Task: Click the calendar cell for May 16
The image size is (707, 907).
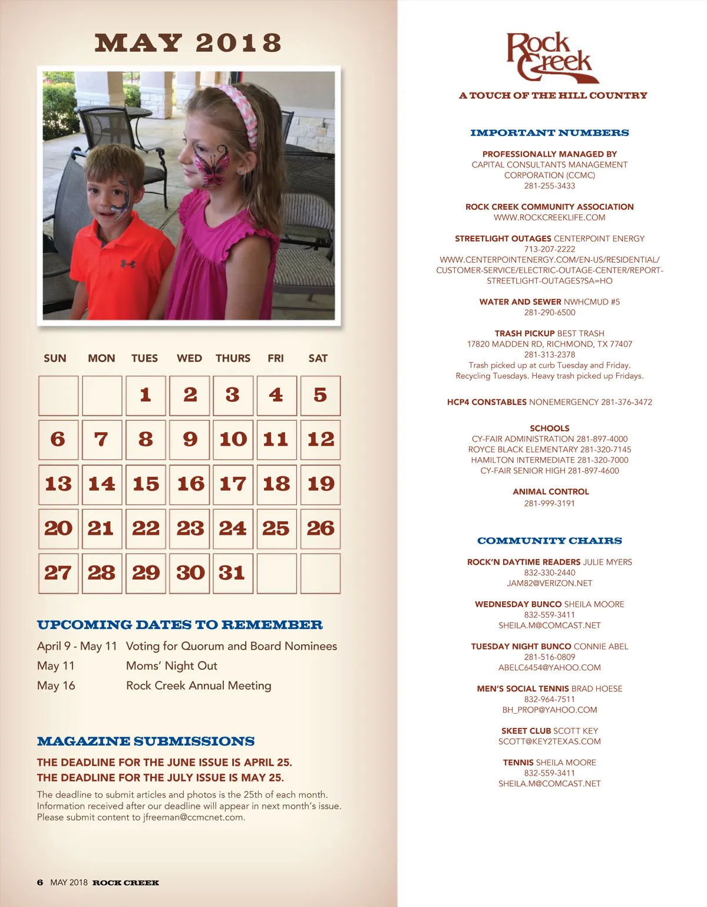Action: click(190, 484)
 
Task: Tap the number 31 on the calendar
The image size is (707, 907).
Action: click(232, 573)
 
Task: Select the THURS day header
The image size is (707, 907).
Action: click(233, 358)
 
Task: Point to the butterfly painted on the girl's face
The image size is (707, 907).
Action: click(212, 165)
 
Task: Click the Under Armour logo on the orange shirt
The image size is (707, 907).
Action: click(128, 263)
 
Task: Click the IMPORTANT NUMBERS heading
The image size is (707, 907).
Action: click(549, 133)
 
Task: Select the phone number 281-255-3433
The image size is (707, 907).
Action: click(549, 186)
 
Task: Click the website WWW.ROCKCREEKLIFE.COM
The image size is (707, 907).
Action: click(549, 218)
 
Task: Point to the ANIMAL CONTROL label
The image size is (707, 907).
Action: click(550, 492)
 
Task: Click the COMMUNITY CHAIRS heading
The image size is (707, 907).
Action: click(549, 541)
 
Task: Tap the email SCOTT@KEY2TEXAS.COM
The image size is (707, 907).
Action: click(549, 742)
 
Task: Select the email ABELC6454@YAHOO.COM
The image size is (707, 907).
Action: click(549, 668)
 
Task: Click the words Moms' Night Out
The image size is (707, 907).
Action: click(171, 666)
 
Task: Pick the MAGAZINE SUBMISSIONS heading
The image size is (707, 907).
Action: click(146, 742)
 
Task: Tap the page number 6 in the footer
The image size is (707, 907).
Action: click(40, 882)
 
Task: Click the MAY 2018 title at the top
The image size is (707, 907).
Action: click(188, 43)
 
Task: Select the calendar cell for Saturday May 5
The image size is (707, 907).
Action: click(320, 395)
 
